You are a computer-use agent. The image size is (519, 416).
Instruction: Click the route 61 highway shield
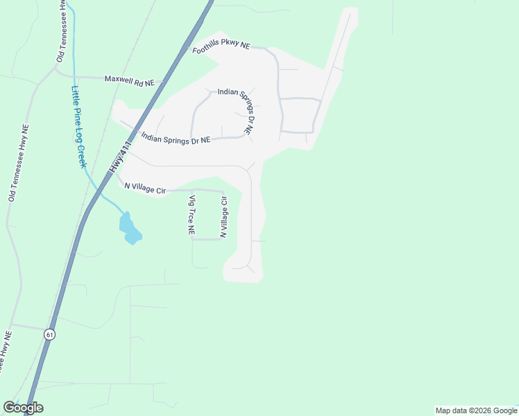(x=49, y=334)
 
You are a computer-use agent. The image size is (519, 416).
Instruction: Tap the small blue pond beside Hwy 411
(x=130, y=229)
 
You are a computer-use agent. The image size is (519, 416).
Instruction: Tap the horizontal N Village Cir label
(x=145, y=187)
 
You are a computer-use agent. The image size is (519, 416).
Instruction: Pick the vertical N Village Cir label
(x=223, y=217)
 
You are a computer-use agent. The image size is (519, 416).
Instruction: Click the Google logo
(x=23, y=408)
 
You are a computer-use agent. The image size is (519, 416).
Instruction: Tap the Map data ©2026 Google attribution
(x=476, y=410)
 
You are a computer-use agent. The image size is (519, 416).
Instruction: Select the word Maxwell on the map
(x=119, y=80)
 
